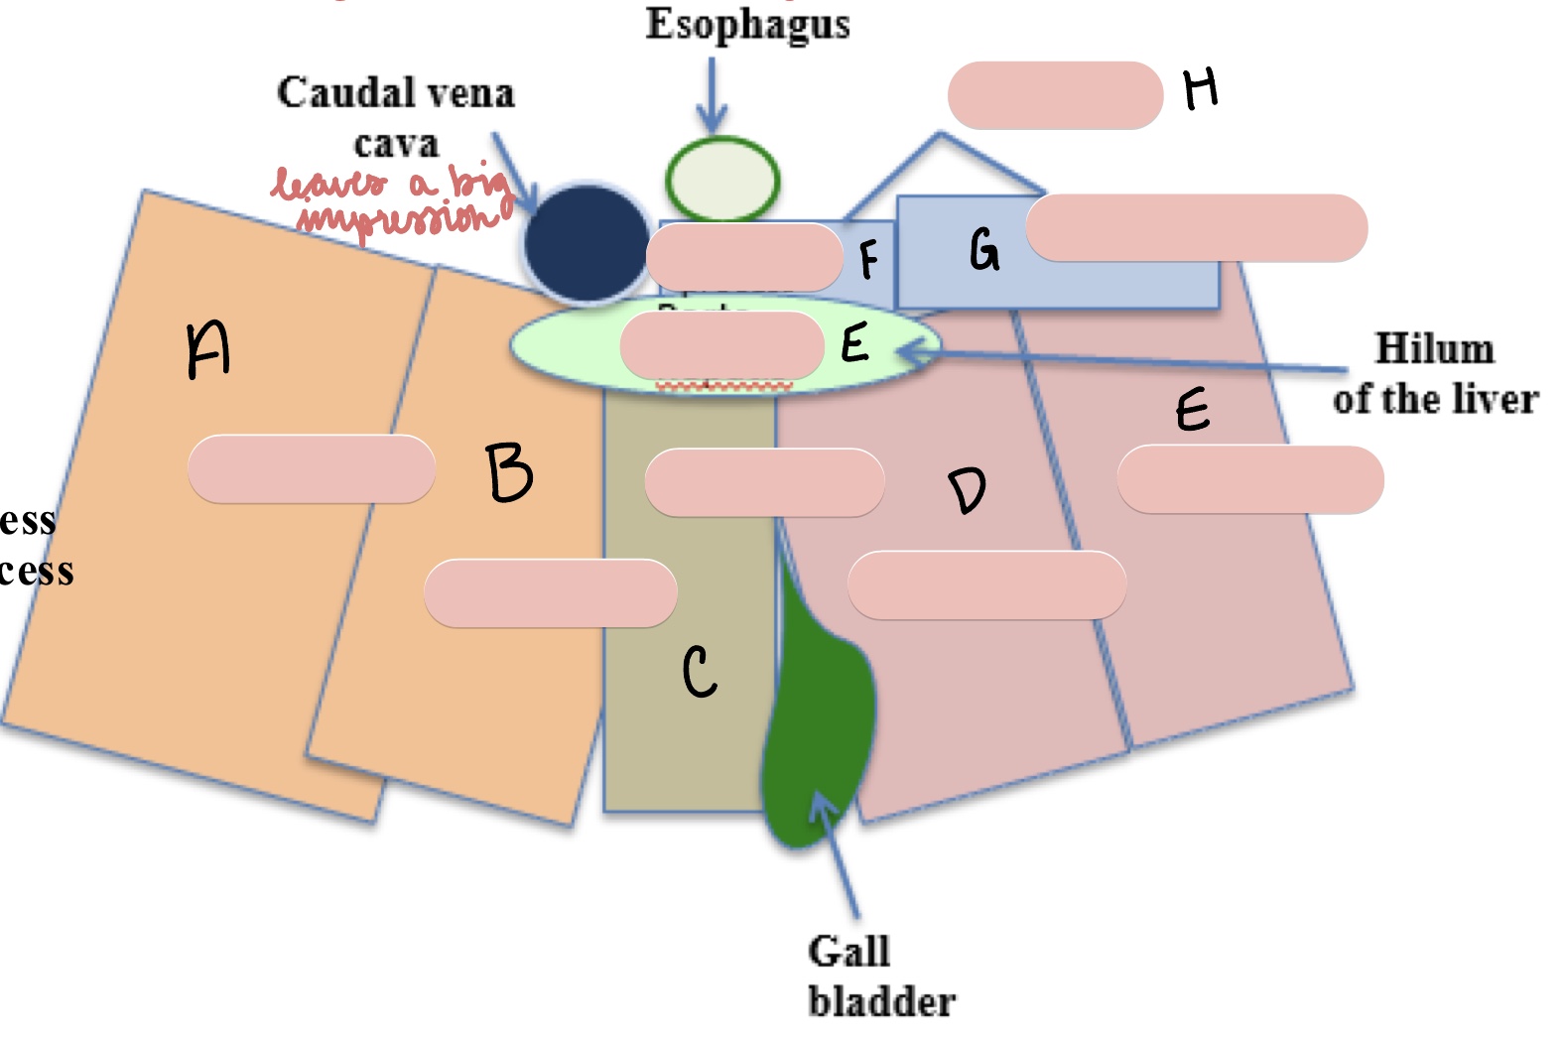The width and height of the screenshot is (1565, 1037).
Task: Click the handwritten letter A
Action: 208,349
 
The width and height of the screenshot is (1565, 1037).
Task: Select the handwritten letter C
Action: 699,672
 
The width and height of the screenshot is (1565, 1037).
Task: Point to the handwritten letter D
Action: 967,490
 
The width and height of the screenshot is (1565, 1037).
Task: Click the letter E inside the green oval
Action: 854,343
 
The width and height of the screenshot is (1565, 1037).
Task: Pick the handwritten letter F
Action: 868,259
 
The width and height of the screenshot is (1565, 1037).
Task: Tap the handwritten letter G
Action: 983,249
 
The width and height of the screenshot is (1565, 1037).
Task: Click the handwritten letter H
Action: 1201,89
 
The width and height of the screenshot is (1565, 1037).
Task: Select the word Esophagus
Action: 747,24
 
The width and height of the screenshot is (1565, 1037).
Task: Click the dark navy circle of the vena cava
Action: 586,242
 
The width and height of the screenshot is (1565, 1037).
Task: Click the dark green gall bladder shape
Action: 819,714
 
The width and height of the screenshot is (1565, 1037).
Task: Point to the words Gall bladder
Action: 880,976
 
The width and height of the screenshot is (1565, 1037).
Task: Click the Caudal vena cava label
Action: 395,117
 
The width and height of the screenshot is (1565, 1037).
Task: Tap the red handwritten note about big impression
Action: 392,201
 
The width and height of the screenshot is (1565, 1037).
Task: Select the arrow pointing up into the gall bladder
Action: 836,853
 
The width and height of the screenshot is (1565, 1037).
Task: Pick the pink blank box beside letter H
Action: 1055,95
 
